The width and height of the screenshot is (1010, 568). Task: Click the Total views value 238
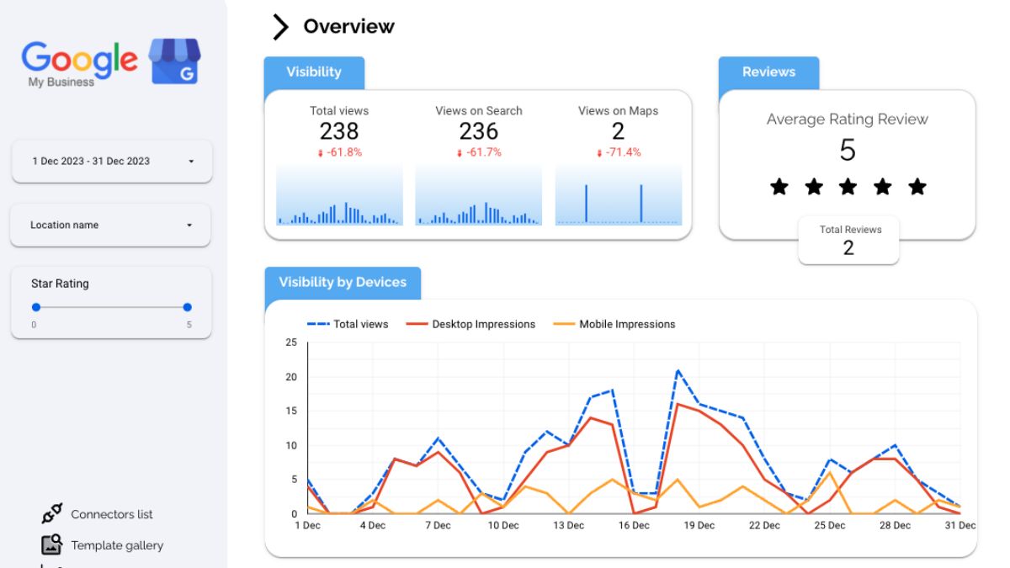(338, 131)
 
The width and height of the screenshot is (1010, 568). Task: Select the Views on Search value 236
(478, 131)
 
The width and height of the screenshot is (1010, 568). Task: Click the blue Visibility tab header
(314, 72)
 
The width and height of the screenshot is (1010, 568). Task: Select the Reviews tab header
(768, 72)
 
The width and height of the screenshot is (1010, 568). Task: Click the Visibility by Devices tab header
(343, 283)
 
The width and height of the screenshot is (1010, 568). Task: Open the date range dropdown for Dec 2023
(112, 161)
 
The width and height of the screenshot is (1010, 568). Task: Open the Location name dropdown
(112, 226)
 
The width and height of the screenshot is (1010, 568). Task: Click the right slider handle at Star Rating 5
(188, 307)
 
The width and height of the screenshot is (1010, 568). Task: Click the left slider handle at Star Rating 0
(35, 307)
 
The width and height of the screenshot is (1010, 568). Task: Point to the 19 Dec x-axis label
(699, 525)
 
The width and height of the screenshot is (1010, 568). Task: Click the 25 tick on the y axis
(291, 342)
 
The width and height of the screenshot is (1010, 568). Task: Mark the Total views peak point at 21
(678, 370)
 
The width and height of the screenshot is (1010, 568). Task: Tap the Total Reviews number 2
(848, 247)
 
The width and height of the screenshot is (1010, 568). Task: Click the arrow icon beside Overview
(280, 27)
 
